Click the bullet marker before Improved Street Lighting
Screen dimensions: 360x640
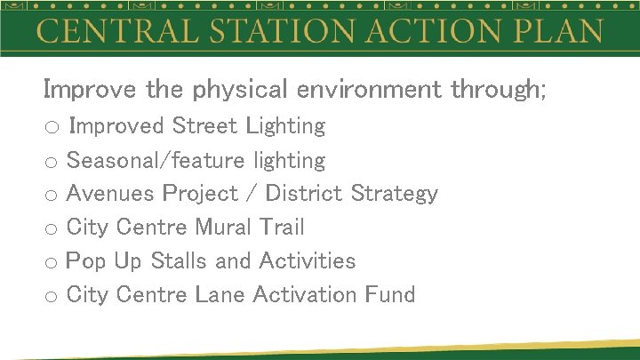pos(51,128)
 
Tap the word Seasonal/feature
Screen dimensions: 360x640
pos(156,161)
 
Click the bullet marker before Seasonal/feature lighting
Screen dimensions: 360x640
pos(51,163)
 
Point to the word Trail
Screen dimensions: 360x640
pos(283,228)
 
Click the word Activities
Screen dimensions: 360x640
pos(308,261)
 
